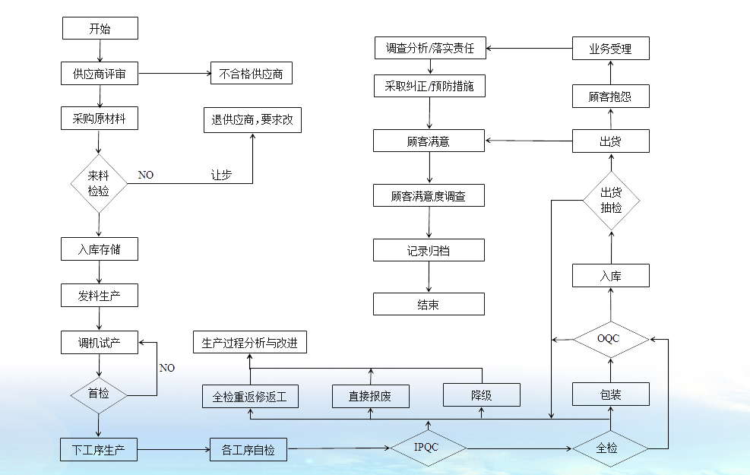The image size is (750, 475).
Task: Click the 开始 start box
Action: (100, 29)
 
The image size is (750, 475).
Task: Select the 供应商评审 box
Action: (100, 74)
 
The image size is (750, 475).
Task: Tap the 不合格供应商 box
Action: (251, 74)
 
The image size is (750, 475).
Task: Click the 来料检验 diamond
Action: (99, 183)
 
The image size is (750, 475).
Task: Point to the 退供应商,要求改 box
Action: (252, 120)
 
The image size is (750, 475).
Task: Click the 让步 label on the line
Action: (221, 175)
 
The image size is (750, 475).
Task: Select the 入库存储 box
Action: (100, 249)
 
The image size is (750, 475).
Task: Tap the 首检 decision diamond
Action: (99, 394)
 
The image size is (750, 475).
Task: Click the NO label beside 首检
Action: (166, 368)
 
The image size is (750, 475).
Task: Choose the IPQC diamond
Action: (428, 448)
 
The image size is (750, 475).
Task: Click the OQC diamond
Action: (610, 338)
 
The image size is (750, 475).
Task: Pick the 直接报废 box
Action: (371, 395)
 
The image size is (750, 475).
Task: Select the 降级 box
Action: (482, 394)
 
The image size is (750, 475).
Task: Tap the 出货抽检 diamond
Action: (611, 200)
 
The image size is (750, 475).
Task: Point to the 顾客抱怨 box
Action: (610, 97)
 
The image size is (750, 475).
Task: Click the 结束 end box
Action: (428, 304)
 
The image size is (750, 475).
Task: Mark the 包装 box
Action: (610, 394)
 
